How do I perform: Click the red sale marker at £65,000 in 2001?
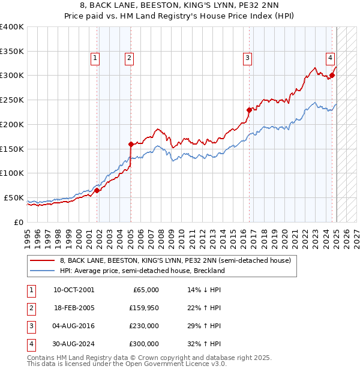point(97,190)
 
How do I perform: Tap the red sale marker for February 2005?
point(131,144)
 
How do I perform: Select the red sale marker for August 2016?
point(249,110)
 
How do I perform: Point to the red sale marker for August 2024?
point(332,76)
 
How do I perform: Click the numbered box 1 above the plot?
point(95,58)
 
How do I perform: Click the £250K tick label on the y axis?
point(12,100)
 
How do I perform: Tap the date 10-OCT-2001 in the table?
point(74,290)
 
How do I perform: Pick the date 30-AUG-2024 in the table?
point(74,344)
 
